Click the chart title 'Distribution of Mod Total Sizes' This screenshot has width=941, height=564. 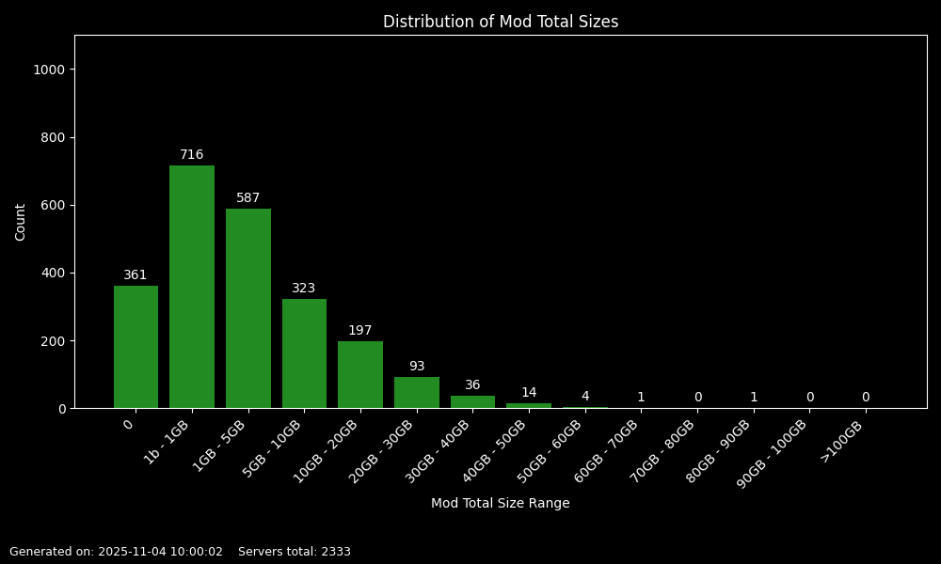point(500,22)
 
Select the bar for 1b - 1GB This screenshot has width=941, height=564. point(192,287)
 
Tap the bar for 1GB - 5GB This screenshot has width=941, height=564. point(248,308)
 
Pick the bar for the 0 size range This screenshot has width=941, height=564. point(136,347)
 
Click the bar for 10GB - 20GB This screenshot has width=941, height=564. point(360,375)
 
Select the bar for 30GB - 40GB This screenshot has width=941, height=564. point(472,402)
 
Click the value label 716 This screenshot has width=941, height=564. point(192,155)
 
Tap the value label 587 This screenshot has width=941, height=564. point(248,198)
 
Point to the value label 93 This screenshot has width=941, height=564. point(417,367)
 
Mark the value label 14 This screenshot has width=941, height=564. point(529,393)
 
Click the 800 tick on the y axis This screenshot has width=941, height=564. point(53,137)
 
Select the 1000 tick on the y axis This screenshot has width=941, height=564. point(49,70)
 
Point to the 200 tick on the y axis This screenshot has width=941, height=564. point(53,341)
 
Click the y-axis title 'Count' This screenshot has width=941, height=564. point(21,222)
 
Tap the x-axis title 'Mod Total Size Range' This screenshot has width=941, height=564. point(500,504)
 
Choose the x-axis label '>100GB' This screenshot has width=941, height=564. point(842,440)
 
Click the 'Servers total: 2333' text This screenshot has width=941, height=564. point(295,552)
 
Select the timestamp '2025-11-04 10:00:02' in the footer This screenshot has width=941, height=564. point(160,552)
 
